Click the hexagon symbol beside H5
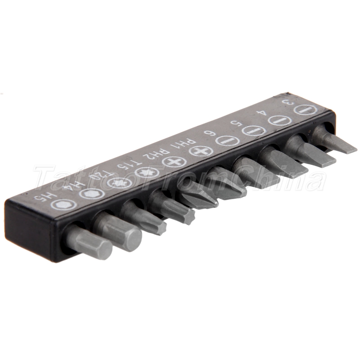pos(63,204)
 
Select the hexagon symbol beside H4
pos(91,193)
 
